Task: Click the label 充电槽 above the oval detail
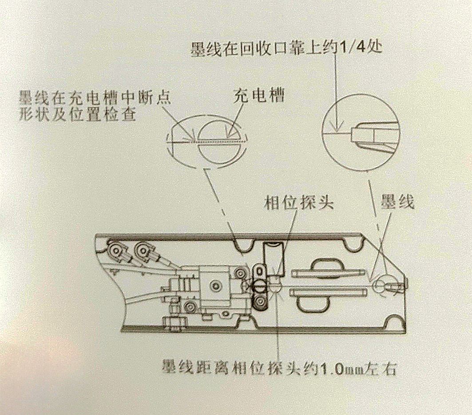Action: coord(258,96)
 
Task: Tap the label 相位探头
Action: coord(299,202)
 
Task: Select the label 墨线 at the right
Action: coord(397,201)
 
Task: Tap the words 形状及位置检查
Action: coord(77,114)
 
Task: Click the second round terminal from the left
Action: coord(143,249)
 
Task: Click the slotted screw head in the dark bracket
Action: coord(259,287)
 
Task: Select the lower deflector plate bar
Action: coord(328,292)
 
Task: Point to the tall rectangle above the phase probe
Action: coord(274,259)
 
